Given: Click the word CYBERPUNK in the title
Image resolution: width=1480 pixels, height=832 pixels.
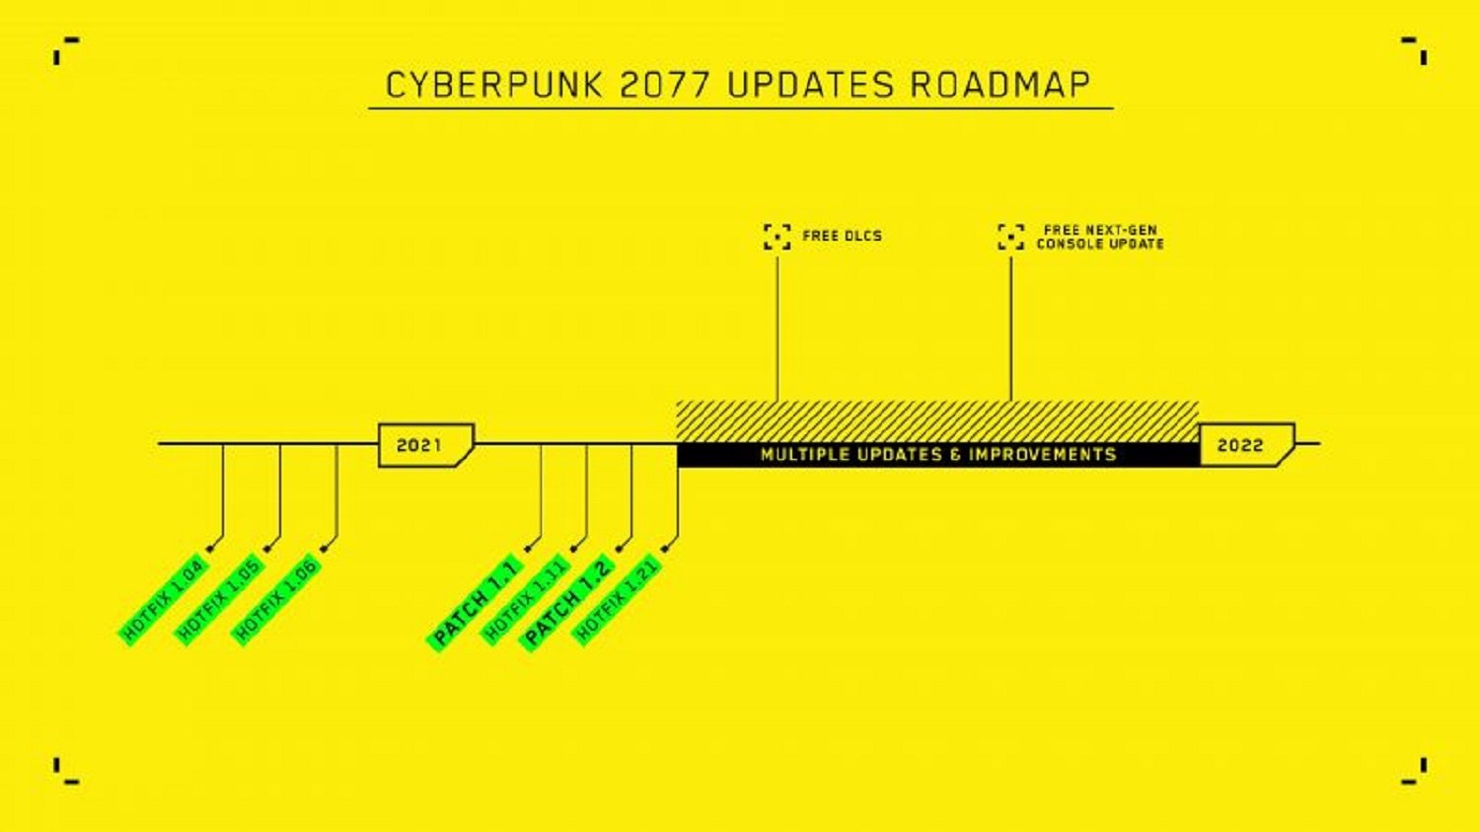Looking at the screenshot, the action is [x=494, y=85].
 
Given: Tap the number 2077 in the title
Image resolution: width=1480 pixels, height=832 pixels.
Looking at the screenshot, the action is [x=665, y=85].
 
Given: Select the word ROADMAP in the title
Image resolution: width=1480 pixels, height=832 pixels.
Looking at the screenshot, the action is [x=1000, y=85].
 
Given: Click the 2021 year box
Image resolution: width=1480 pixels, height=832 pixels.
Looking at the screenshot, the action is [x=426, y=445].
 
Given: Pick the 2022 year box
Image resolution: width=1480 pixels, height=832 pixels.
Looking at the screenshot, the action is [x=1247, y=445].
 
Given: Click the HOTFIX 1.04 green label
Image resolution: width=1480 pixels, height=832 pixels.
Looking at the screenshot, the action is [x=163, y=599].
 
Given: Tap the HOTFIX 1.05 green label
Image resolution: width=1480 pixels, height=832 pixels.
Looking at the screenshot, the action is [x=219, y=599].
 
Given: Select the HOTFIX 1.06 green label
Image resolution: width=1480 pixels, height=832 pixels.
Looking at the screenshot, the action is [x=276, y=599].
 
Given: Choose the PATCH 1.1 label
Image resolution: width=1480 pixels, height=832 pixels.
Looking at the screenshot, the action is [x=475, y=603].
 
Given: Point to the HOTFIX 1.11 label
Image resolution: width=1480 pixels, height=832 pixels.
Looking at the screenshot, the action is [x=525, y=599].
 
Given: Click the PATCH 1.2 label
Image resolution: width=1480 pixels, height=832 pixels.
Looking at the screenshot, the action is [x=566, y=603].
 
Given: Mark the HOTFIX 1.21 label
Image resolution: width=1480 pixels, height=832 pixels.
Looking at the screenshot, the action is [x=617, y=599].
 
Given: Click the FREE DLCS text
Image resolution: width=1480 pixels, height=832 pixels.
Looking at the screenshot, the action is [x=843, y=236].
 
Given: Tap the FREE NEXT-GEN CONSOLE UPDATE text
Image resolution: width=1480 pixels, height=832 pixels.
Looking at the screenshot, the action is [x=1100, y=237].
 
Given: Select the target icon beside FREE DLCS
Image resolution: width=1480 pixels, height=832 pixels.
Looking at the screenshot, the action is [x=777, y=237].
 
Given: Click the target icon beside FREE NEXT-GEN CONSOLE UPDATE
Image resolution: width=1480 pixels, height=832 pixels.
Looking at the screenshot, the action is [x=1011, y=237].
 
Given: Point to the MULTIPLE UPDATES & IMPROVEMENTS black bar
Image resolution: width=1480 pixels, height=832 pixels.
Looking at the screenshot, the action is [x=939, y=455].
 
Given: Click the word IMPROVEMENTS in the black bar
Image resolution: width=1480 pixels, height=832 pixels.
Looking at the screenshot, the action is [x=1043, y=455].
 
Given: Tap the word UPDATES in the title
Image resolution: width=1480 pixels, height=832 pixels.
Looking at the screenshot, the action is [x=811, y=85].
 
